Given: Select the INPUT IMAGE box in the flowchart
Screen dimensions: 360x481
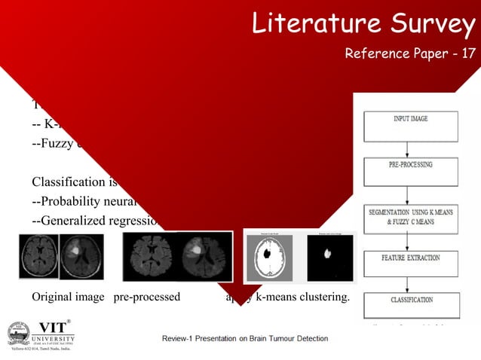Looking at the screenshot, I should click(x=411, y=125).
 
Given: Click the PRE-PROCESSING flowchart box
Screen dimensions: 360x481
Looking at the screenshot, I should click(x=411, y=170).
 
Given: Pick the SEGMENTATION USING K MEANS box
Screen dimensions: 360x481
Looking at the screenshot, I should click(x=411, y=218).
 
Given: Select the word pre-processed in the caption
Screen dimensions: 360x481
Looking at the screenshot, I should click(x=146, y=297).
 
